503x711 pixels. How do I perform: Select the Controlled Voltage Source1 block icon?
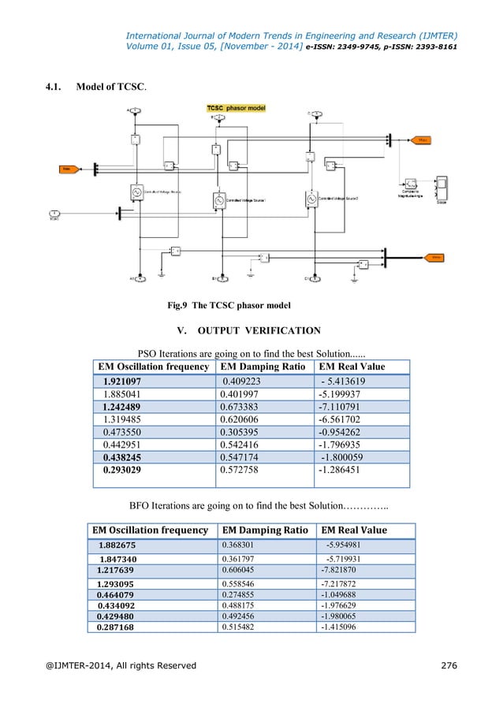218,201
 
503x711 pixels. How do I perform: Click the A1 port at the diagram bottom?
139,278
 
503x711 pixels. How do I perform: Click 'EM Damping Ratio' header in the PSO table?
263,367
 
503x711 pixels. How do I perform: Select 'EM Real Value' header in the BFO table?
354,530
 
